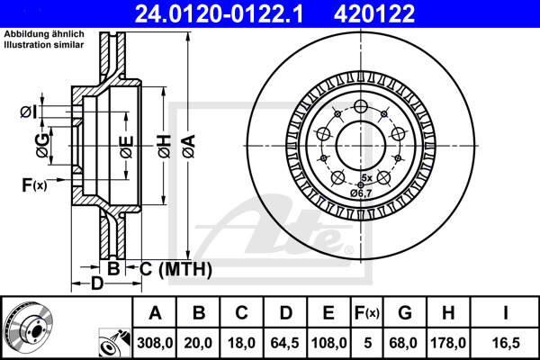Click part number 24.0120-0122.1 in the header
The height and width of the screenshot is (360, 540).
click(219, 13)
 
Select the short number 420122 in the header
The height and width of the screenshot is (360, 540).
click(374, 13)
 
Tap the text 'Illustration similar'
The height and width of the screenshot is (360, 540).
click(44, 45)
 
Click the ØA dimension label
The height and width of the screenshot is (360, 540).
click(189, 147)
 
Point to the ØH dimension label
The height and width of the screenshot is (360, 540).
click(165, 147)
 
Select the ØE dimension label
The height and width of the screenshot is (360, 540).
click(127, 147)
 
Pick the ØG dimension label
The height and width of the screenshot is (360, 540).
click(42, 146)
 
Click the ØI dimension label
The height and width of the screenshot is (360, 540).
click(28, 112)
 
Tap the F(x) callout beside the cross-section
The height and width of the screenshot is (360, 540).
click(34, 185)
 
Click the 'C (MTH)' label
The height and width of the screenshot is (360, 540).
click(175, 269)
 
